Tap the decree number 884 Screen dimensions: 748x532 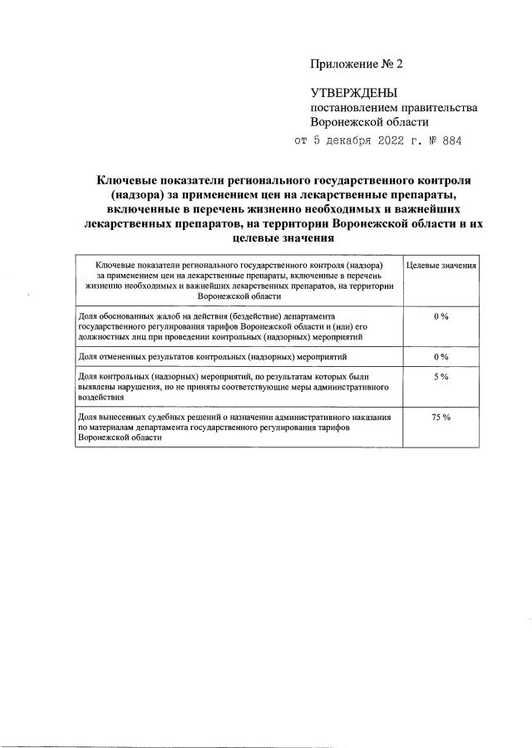point(449,139)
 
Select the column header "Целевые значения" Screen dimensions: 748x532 point(441,265)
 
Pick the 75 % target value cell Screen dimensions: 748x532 point(441,417)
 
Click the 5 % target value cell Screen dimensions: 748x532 point(441,377)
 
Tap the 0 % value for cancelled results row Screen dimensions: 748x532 point(441,357)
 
